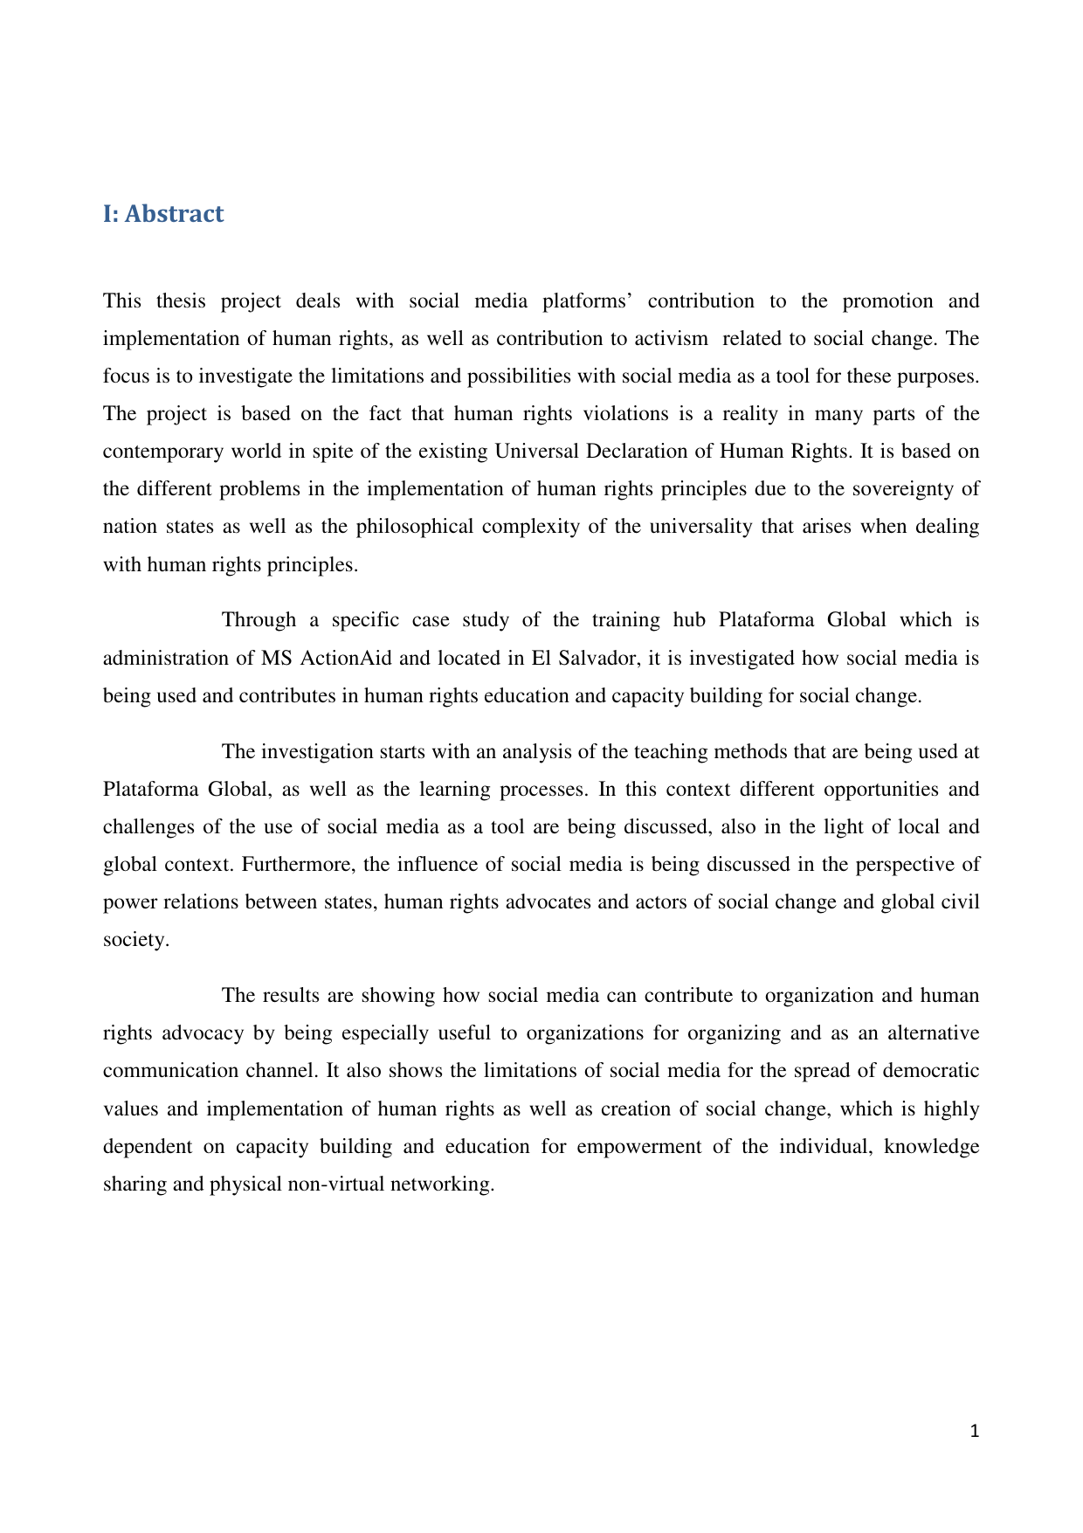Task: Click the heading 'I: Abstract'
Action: [x=163, y=214]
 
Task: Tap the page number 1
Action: [x=975, y=1431]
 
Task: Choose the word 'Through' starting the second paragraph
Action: [x=259, y=620]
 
